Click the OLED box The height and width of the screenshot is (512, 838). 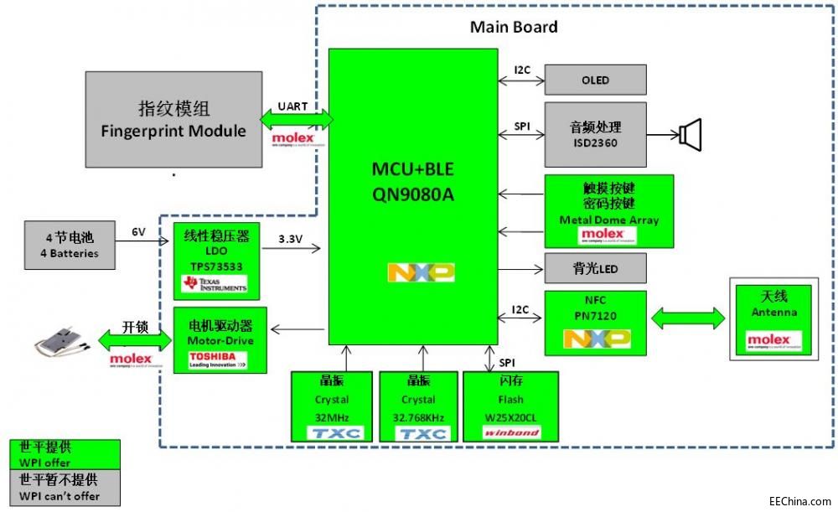[595, 80]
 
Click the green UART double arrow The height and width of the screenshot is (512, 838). [297, 120]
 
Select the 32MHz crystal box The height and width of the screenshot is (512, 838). [331, 406]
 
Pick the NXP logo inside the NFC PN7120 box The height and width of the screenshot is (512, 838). [596, 339]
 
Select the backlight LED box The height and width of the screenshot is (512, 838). [595, 269]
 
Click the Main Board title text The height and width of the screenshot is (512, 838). [514, 27]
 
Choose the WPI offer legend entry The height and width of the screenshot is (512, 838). [64, 455]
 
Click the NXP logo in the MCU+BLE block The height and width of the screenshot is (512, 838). [421, 272]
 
